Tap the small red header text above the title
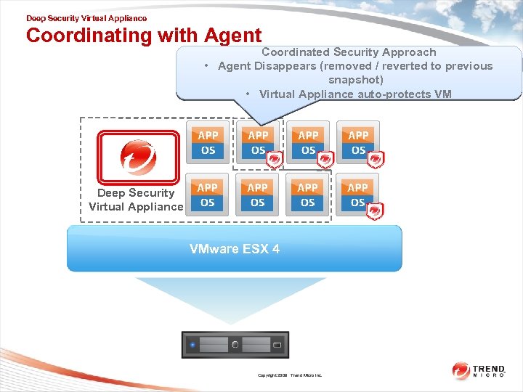click(x=86, y=18)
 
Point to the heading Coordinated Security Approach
click(x=349, y=52)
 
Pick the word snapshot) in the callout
click(x=355, y=80)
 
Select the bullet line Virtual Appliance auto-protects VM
click(x=354, y=94)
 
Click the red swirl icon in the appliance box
click(x=138, y=157)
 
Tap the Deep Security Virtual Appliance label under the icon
click(x=136, y=200)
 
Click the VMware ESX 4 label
click(x=234, y=249)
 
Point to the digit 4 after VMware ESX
click(x=276, y=249)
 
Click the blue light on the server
click(x=192, y=345)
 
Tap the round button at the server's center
click(x=235, y=345)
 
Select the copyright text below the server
click(x=289, y=375)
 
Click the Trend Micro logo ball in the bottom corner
click(x=461, y=370)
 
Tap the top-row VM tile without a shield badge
click(x=208, y=142)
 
